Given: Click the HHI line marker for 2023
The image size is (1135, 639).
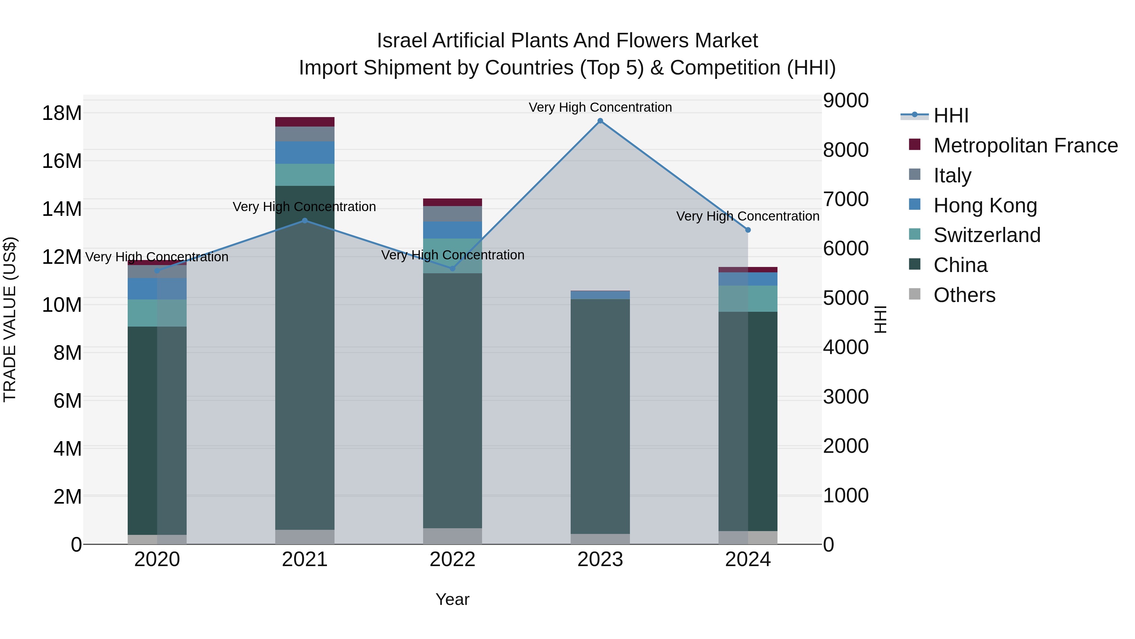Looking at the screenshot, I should pyautogui.click(x=600, y=121).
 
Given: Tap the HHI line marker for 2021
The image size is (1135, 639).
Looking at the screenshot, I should pyautogui.click(x=305, y=221).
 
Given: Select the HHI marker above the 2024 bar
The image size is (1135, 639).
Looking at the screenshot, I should pyautogui.click(x=748, y=230).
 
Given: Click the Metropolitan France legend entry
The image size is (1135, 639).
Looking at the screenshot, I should pyautogui.click(x=1025, y=145).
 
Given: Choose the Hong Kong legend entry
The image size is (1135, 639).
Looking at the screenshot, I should pyautogui.click(x=985, y=205).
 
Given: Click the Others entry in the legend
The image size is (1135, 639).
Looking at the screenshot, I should pyautogui.click(x=964, y=295).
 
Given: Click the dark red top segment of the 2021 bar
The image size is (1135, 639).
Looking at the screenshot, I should pyautogui.click(x=305, y=122).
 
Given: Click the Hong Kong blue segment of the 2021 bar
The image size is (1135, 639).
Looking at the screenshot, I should pyautogui.click(x=305, y=153).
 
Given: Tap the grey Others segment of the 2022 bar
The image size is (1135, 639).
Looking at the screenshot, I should pyautogui.click(x=452, y=536).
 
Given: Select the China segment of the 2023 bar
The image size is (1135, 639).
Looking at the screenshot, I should pyautogui.click(x=600, y=415).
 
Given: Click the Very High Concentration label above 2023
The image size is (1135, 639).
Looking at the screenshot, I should pyautogui.click(x=600, y=107).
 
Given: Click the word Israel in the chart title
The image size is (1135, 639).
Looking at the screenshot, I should pyautogui.click(x=402, y=41).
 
